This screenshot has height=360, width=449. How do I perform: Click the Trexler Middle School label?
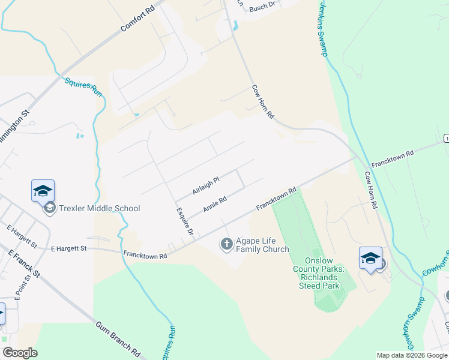(x=99, y=208)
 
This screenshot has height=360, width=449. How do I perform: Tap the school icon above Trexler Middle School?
(x=43, y=191)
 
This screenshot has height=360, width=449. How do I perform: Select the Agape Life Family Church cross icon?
(x=227, y=244)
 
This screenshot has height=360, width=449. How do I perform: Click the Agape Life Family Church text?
(x=262, y=244)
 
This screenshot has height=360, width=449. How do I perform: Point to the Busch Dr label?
(x=262, y=7)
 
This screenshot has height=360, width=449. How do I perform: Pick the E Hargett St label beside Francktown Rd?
(x=69, y=248)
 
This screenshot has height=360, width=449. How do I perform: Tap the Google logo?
(x=20, y=353)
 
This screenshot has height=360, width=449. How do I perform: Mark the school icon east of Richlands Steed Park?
(x=370, y=259)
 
